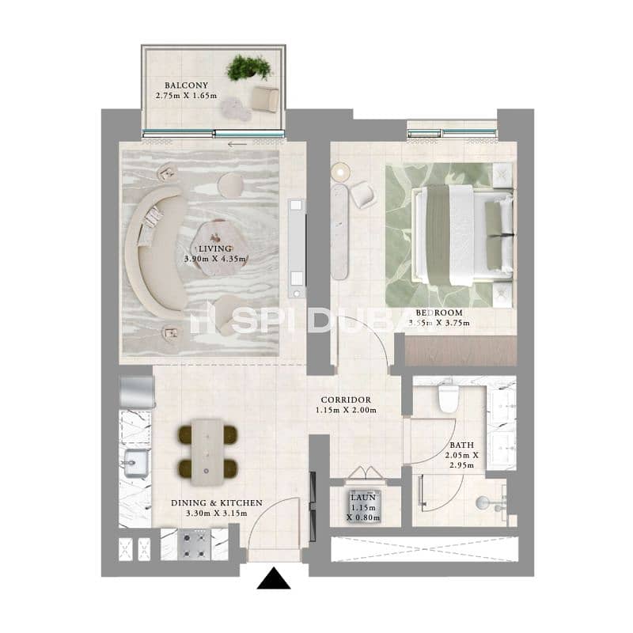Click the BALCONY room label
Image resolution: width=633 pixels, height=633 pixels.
pyautogui.click(x=186, y=85)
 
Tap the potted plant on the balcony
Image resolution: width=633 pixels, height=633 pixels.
pyautogui.click(x=248, y=67)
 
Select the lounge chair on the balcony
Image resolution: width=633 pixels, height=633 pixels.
pyautogui.click(x=265, y=98)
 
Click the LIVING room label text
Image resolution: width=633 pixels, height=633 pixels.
pyautogui.click(x=215, y=248)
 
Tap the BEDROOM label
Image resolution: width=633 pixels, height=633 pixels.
pyautogui.click(x=439, y=313)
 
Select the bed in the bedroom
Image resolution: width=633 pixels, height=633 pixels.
pyautogui.click(x=462, y=235)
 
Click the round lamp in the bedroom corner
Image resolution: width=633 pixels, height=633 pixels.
pyautogui.click(x=340, y=172)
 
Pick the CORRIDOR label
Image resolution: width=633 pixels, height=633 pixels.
pyautogui.click(x=346, y=400)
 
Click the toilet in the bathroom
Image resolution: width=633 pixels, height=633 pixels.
pyautogui.click(x=448, y=399)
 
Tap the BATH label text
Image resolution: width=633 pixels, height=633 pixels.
pyautogui.click(x=462, y=445)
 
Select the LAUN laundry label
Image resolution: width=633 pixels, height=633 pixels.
pyautogui.click(x=363, y=498)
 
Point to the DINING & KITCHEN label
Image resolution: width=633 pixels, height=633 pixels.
pyautogui.click(x=217, y=503)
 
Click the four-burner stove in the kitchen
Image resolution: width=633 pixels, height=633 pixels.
pyautogui.click(x=194, y=544)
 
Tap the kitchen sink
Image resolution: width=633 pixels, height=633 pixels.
pyautogui.click(x=135, y=464)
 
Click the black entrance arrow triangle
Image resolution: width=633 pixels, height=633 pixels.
pyautogui.click(x=274, y=578)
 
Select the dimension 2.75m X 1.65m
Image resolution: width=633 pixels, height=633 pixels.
pyautogui.click(x=186, y=96)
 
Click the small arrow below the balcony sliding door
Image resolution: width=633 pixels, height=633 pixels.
pyautogui.click(x=237, y=144)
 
